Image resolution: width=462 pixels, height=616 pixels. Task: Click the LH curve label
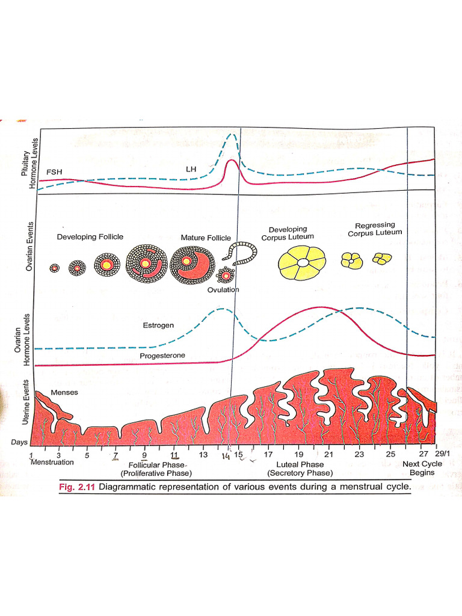(191, 170)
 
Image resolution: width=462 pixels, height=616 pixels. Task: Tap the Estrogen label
(158, 325)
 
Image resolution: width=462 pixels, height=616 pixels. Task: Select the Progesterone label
(162, 356)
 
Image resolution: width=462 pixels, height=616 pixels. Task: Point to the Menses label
(64, 393)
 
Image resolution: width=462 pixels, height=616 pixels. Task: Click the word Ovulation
(223, 289)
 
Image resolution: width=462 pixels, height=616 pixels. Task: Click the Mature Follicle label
(206, 238)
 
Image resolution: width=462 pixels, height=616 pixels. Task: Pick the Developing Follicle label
(90, 237)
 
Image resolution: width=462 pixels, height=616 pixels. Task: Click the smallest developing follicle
(55, 268)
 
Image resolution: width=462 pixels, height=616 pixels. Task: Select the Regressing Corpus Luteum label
(375, 229)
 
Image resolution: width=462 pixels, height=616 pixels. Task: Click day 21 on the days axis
(328, 455)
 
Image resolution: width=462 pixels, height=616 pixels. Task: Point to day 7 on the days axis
(115, 455)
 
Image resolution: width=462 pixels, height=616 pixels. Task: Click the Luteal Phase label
(300, 464)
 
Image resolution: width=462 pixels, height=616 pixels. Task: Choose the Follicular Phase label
(159, 465)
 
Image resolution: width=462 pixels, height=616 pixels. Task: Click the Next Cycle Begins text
(422, 468)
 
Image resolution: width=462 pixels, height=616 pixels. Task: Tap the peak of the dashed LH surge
(231, 135)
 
